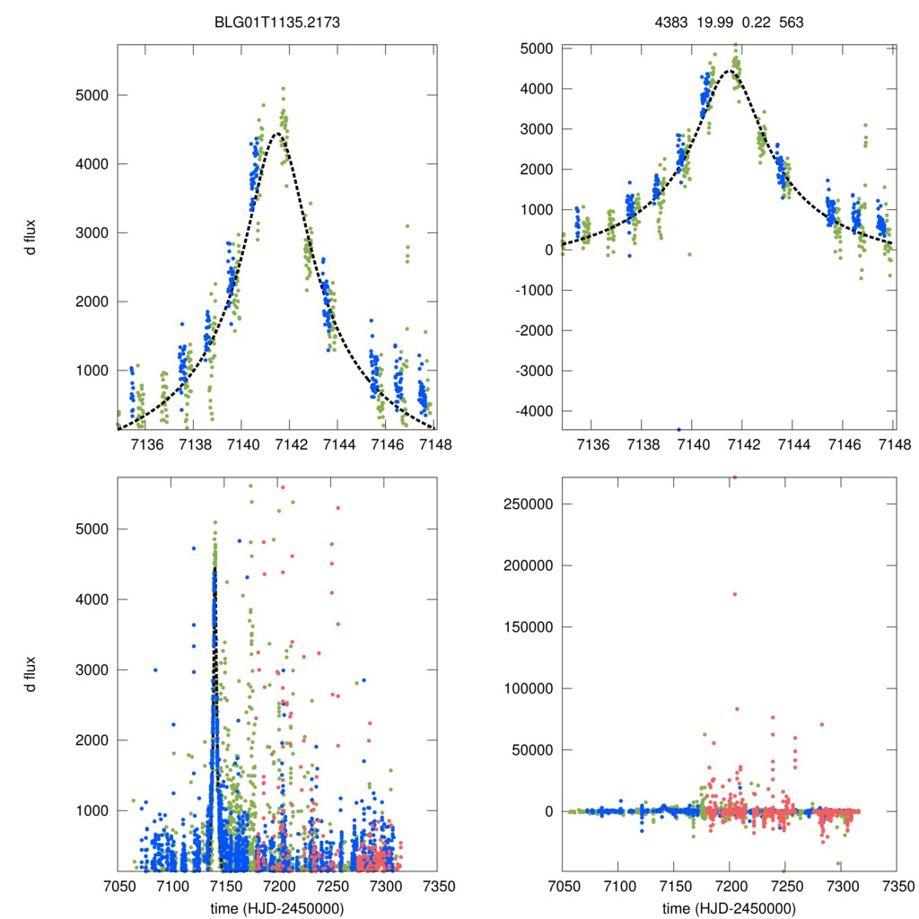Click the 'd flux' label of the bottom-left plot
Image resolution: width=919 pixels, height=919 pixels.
pos(33,675)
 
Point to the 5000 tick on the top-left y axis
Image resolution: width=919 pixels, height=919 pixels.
pos(89,95)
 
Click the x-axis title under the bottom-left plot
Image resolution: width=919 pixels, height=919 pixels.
pos(276,907)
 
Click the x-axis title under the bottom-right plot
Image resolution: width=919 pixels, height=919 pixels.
pos(730,907)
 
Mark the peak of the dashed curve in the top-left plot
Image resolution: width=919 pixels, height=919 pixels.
pos(277,134)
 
